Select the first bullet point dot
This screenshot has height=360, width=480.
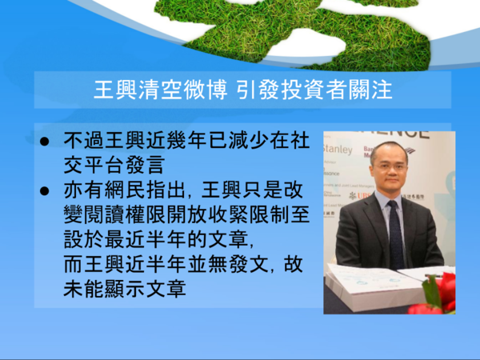coord(44,142)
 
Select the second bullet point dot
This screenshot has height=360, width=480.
coord(44,191)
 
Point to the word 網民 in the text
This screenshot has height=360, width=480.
coord(125,190)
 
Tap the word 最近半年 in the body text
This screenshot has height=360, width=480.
coord(146,239)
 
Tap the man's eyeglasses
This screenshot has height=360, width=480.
coord(390,167)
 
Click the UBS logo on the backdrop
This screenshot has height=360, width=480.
coord(360,195)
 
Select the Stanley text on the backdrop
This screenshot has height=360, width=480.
coord(338,150)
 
